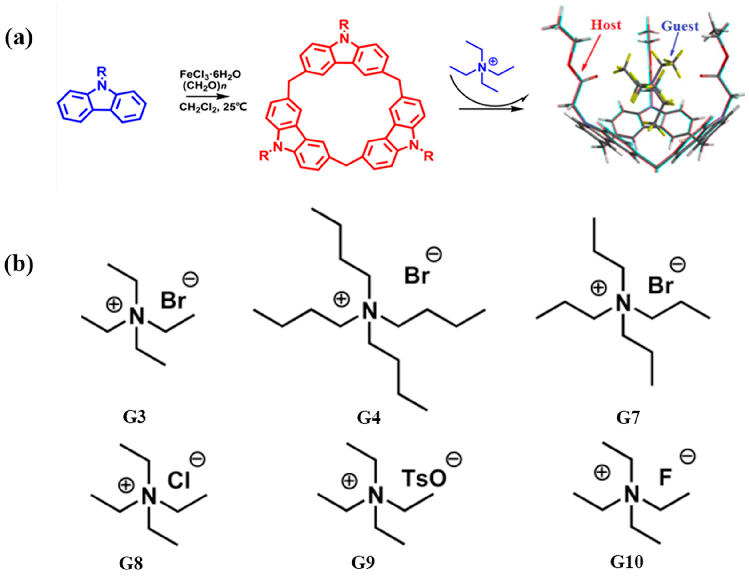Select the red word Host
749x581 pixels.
point(606,25)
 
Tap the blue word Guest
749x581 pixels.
point(680,26)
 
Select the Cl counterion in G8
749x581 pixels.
point(179,480)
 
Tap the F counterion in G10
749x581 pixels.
point(665,478)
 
